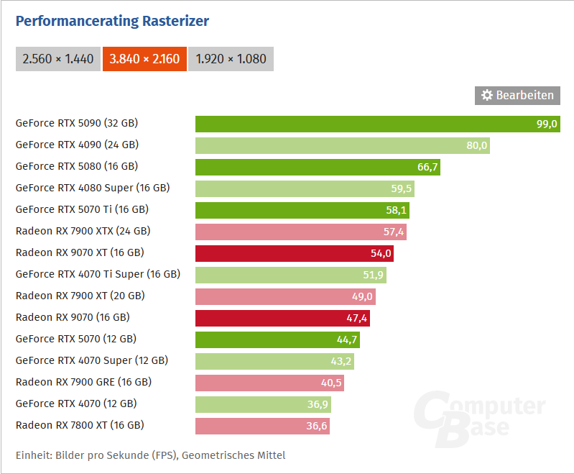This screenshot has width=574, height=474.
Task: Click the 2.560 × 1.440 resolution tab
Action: pyautogui.click(x=58, y=59)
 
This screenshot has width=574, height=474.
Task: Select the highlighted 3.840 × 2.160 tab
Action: pyautogui.click(x=145, y=59)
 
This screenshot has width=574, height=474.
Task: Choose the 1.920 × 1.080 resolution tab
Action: pyautogui.click(x=231, y=59)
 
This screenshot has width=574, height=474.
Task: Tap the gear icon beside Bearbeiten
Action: pyautogui.click(x=487, y=96)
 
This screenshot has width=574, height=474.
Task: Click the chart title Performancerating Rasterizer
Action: pyautogui.click(x=112, y=21)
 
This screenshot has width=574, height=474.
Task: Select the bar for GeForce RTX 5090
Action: pyautogui.click(x=359, y=124)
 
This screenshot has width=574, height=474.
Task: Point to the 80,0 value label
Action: pyautogui.click(x=477, y=145)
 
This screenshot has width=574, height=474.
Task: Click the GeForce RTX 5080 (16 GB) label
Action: pyautogui.click(x=76, y=166)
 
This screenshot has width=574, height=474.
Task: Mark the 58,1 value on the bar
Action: pyautogui.click(x=397, y=210)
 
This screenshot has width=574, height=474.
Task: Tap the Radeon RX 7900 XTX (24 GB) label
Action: pyautogui.click(x=83, y=231)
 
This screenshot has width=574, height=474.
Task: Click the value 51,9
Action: pyautogui.click(x=374, y=275)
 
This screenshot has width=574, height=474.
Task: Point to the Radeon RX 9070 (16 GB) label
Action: pyautogui.click(x=73, y=317)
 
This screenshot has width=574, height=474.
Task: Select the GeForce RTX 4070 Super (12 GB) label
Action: pyautogui.click(x=92, y=360)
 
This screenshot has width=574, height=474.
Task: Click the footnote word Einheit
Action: pyautogui.click(x=34, y=455)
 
